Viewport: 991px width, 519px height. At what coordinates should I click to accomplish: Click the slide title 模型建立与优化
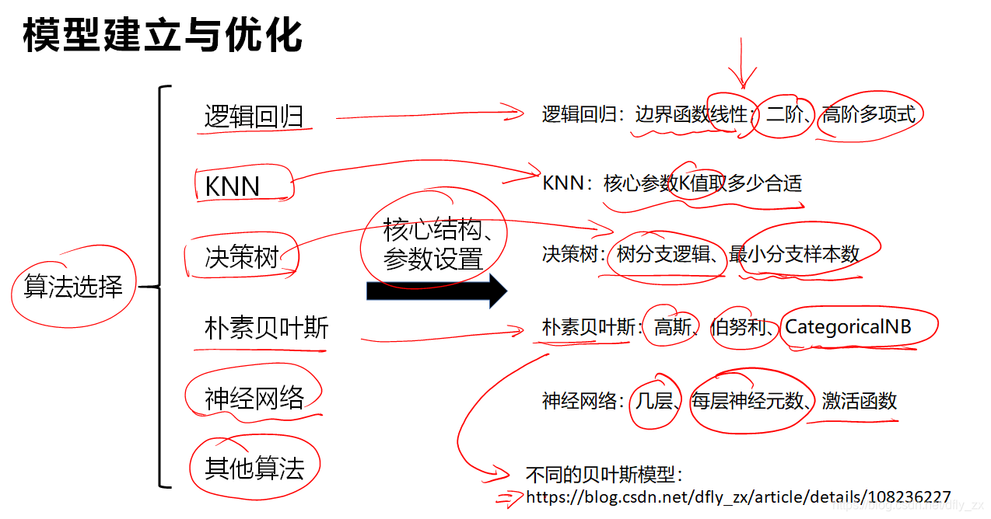point(163,35)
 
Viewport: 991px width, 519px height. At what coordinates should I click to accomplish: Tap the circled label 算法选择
point(73,287)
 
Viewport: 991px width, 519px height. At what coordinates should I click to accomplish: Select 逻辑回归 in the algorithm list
point(254,116)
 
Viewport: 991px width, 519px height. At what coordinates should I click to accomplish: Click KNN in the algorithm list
point(232,186)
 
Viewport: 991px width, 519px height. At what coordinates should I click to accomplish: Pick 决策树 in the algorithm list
point(241,256)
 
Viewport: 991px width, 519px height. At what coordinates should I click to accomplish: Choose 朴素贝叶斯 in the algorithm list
point(266,327)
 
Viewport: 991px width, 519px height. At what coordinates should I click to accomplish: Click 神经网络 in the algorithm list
point(254,398)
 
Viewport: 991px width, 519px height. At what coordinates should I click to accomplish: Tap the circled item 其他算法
point(254,468)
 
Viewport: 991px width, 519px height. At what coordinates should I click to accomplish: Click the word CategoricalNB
point(848,327)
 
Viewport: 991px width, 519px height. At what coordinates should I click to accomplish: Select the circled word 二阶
point(784,115)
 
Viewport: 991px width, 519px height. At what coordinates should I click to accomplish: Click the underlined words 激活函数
point(859,401)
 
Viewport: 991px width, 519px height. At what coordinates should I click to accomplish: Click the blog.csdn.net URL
point(738,496)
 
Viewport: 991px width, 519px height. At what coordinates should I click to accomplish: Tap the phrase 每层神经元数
point(747,401)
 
